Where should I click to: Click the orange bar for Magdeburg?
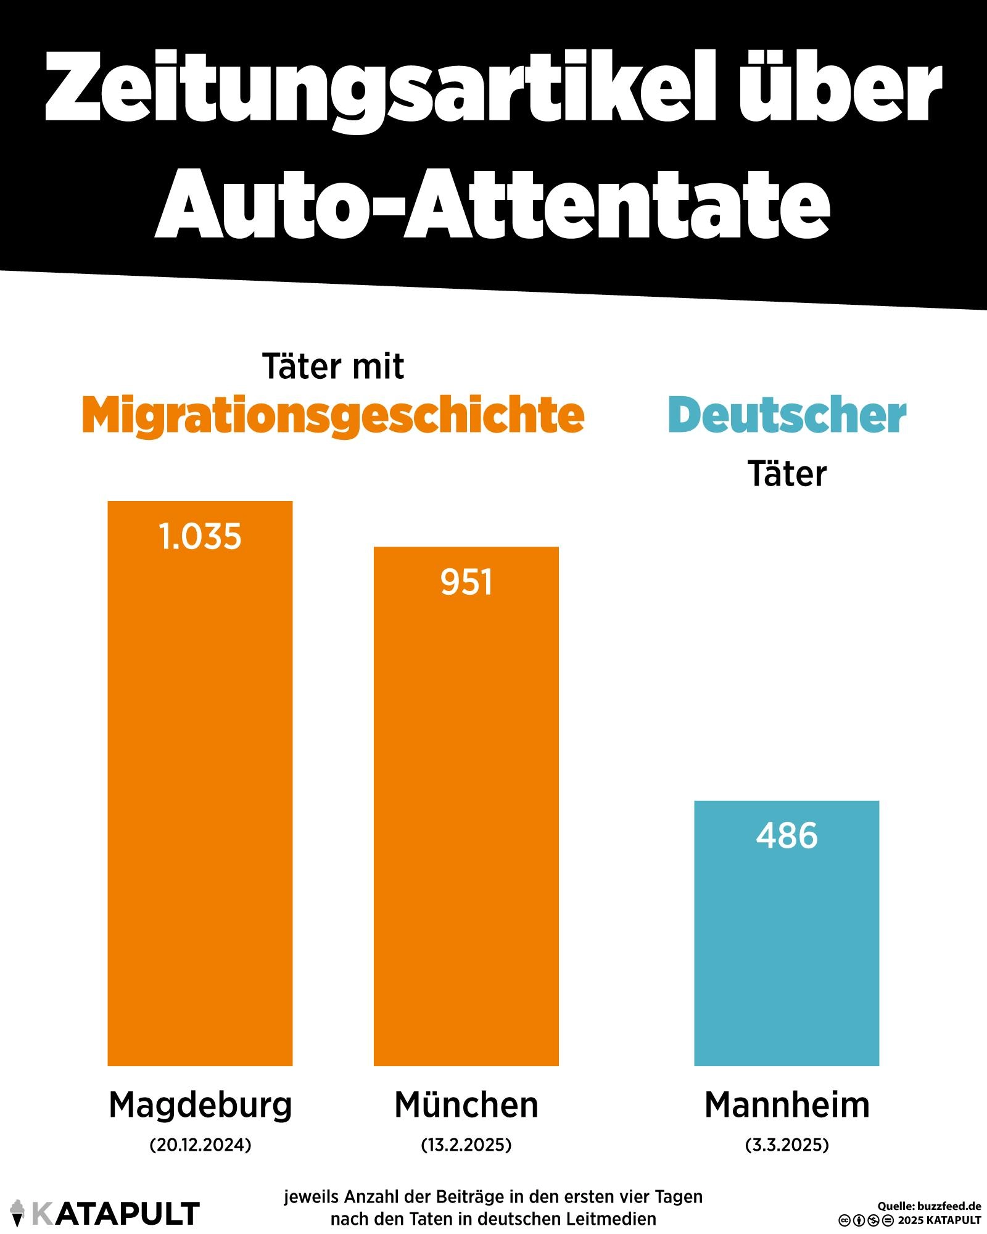coord(200,802)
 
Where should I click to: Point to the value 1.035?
coord(200,537)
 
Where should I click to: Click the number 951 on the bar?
coord(466,582)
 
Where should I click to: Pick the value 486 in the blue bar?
coord(787,836)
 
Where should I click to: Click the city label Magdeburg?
coord(200,1105)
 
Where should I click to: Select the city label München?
coord(466,1105)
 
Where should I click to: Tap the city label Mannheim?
coord(787,1105)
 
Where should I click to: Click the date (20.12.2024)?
coord(200,1145)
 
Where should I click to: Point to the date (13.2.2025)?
coord(466,1145)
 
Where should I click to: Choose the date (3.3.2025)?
coord(787,1145)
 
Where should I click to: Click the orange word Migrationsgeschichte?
coord(333,416)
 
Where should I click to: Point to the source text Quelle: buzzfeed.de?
coord(929,1206)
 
